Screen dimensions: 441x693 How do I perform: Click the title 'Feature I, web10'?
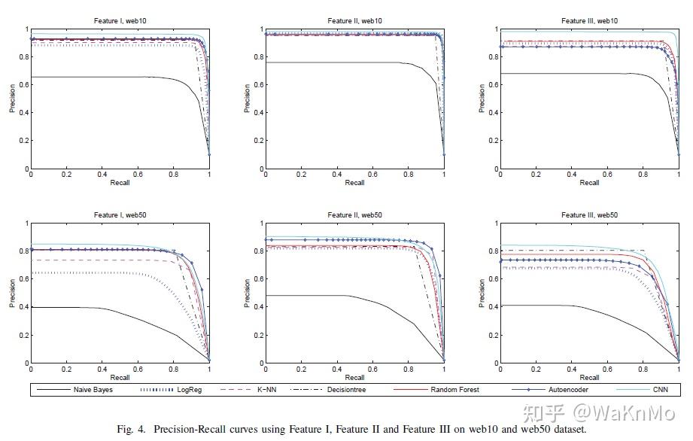point(120,21)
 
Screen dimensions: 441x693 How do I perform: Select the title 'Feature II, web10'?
point(354,21)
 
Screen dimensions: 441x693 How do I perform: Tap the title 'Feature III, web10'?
point(589,21)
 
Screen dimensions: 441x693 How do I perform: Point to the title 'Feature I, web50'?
point(120,215)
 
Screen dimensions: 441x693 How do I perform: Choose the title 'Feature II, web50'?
point(354,215)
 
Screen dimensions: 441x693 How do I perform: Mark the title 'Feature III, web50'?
point(589,215)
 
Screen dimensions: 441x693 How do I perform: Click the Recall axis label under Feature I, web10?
point(120,183)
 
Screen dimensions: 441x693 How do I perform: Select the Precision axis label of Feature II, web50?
point(248,293)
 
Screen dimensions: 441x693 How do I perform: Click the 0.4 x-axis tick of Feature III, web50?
point(572,370)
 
